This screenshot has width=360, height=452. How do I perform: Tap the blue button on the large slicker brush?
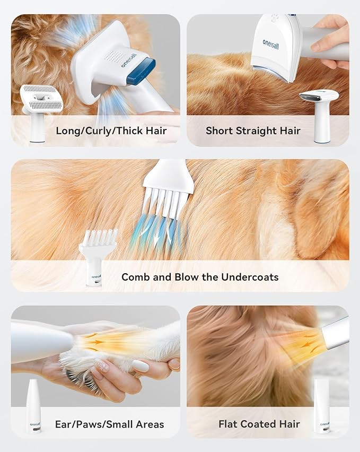[x=141, y=71]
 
